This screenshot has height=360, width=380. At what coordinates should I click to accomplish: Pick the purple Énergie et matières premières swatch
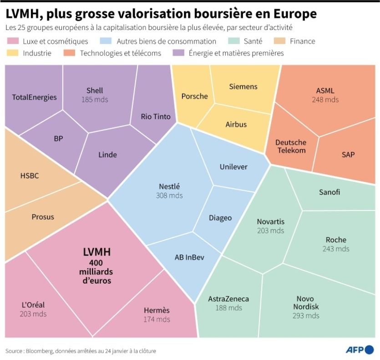tap(179, 53)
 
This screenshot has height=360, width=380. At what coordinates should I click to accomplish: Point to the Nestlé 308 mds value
tap(169, 195)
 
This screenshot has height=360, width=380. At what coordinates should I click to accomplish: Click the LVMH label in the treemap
tap(97, 252)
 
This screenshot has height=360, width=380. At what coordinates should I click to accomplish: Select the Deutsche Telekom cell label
tap(290, 146)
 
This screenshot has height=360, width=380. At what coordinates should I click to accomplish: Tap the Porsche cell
tap(194, 96)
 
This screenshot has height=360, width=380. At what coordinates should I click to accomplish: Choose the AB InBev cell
tap(189, 257)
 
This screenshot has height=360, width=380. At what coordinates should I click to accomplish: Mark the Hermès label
tap(157, 310)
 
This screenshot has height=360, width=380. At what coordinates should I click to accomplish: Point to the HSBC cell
tap(30, 175)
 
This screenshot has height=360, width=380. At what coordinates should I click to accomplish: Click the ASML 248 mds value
tap(325, 99)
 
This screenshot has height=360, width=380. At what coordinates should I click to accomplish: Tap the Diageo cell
tap(220, 218)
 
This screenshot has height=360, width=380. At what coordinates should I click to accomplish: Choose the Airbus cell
tap(236, 125)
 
